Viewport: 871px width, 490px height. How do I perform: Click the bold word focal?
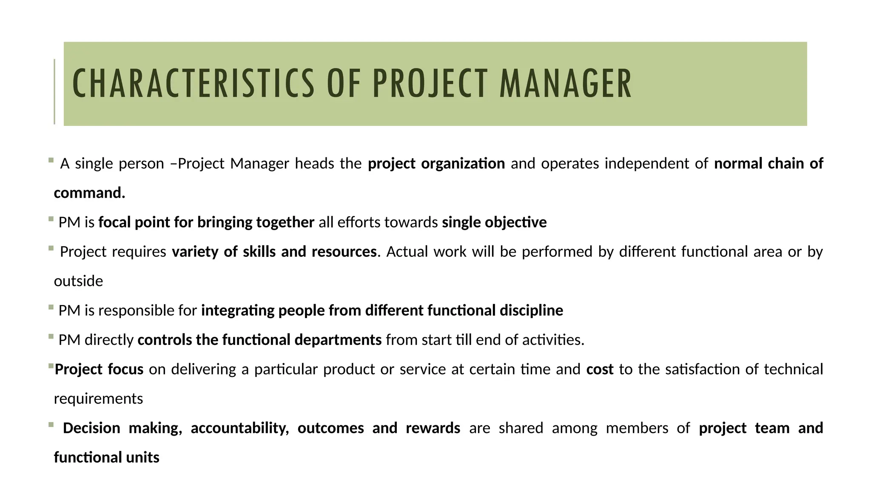(x=114, y=222)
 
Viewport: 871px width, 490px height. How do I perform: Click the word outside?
(x=78, y=281)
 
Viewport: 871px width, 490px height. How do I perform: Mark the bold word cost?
(x=600, y=369)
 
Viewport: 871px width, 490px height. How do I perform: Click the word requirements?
(x=98, y=399)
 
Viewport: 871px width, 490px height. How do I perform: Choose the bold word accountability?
(x=240, y=428)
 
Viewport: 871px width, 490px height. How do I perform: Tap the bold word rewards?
(x=433, y=428)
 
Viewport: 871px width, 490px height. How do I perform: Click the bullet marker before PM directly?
(x=51, y=336)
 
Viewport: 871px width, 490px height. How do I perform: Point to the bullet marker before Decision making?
(x=51, y=424)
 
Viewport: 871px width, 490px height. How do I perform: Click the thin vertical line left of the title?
(x=54, y=91)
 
